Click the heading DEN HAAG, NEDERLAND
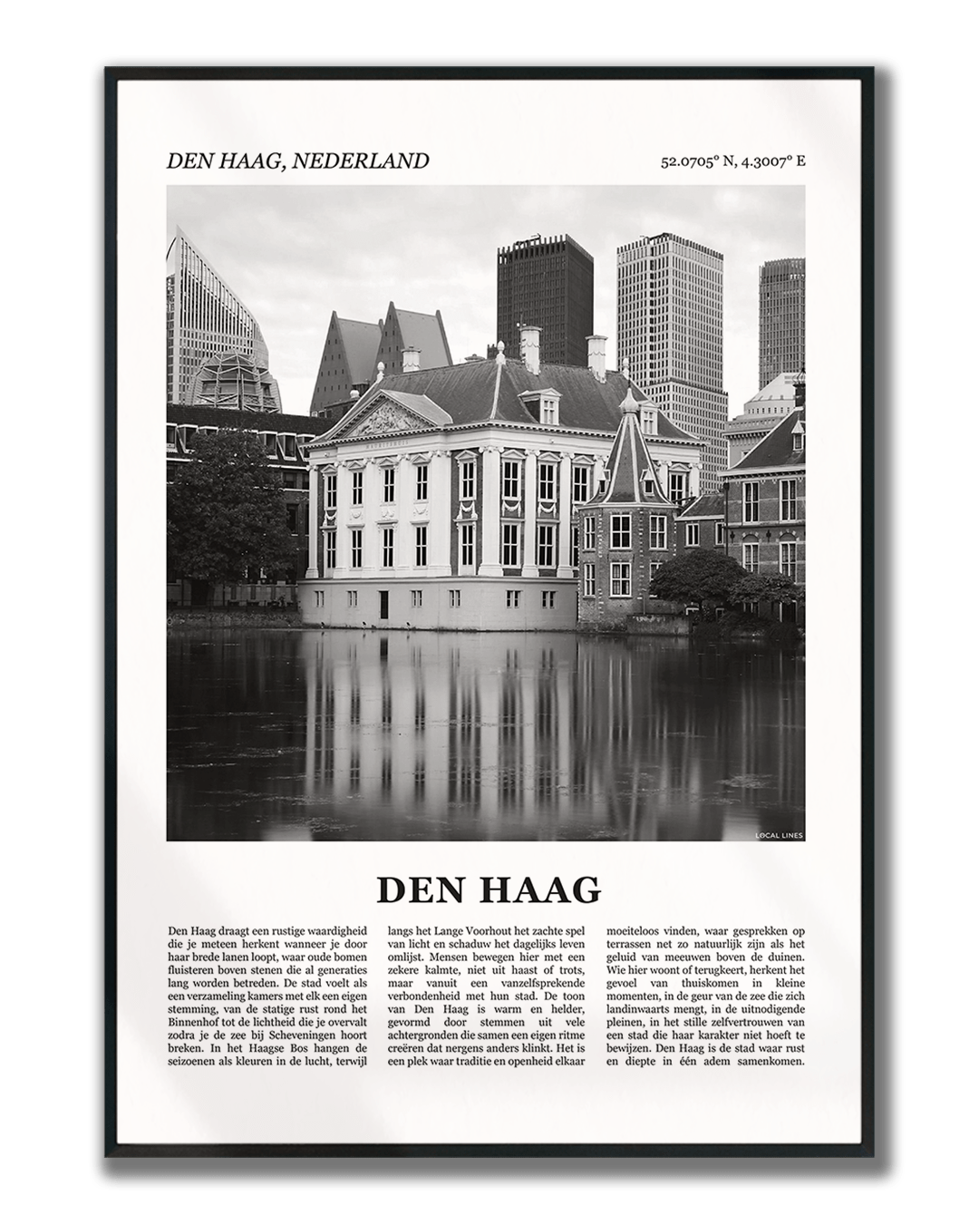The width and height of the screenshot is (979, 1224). coord(297,161)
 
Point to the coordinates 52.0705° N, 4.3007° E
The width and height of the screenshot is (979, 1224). coord(732,162)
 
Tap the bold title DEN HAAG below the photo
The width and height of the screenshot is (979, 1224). coord(489,890)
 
